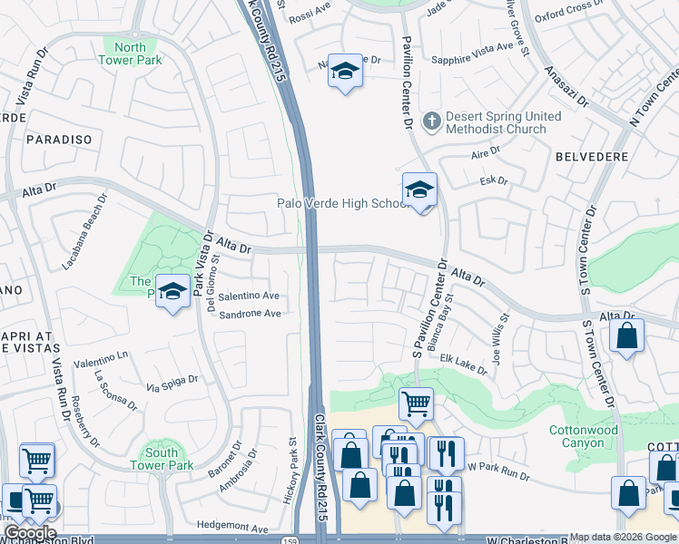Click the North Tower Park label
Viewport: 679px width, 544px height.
pyautogui.click(x=131, y=54)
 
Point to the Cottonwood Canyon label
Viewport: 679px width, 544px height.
pyautogui.click(x=583, y=436)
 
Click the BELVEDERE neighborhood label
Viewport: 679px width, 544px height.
pyautogui.click(x=591, y=157)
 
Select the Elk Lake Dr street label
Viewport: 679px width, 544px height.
pyautogui.click(x=463, y=362)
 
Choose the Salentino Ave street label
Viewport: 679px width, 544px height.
pyautogui.click(x=248, y=296)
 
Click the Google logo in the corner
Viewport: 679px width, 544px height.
pyautogui.click(x=30, y=533)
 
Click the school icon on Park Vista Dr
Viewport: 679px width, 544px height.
pyautogui.click(x=172, y=291)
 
